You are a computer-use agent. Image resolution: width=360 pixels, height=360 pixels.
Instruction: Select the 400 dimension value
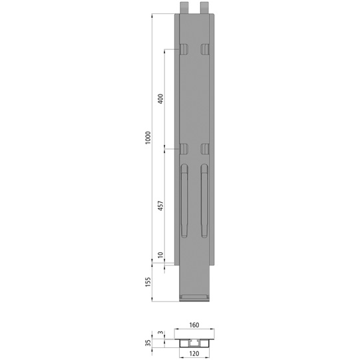point(160,99)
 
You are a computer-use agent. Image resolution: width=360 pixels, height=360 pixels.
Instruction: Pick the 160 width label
point(194,325)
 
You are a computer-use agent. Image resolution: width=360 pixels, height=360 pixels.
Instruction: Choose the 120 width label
point(194,355)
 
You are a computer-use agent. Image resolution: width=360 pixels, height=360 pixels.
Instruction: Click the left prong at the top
point(184,6)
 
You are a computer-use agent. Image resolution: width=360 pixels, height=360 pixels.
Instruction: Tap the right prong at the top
point(204,6)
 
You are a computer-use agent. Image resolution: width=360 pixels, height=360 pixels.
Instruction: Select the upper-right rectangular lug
point(205,49)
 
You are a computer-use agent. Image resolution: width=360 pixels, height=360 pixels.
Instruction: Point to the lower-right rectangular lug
point(205,149)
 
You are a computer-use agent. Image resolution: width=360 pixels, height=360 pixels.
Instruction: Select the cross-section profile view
point(194,339)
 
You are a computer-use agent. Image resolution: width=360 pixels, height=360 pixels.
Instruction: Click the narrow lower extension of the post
point(194,279)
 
